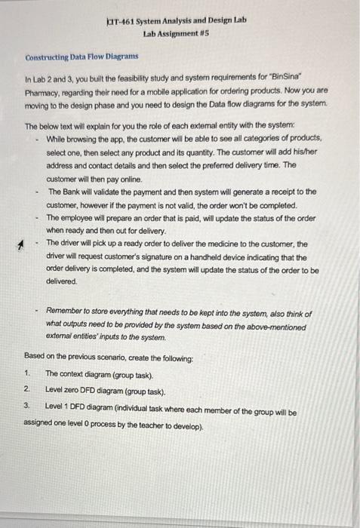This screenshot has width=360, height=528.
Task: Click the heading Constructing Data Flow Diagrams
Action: [x=82, y=57]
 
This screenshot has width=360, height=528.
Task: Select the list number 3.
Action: [x=26, y=404]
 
